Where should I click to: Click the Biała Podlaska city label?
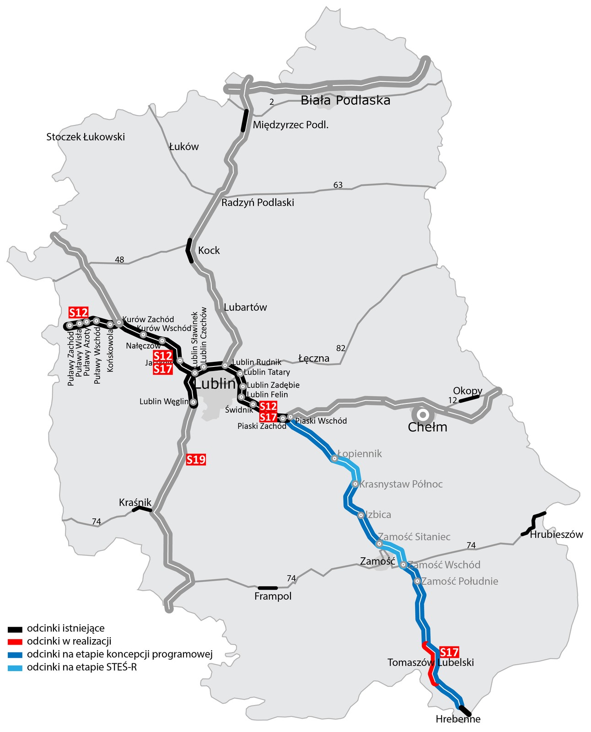pos(345,100)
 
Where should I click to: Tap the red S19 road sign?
pos(196,460)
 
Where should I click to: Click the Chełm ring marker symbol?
pos(423,414)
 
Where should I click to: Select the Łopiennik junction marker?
pos(335,458)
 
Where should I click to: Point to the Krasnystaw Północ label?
pos(401,484)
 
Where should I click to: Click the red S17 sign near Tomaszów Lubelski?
pos(449,652)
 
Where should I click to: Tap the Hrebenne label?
pos(458,719)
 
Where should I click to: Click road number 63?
pos(338,185)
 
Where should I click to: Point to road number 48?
pos(119,260)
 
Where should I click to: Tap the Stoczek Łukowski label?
pos(86,137)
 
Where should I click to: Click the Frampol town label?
pos(273,596)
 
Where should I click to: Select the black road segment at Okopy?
pos(469,399)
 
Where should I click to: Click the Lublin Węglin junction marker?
pos(193,403)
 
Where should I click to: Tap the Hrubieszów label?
pos(556,534)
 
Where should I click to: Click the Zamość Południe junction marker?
pos(417,581)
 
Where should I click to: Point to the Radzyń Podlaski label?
pos(258,203)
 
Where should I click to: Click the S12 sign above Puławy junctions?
pos(78,312)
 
